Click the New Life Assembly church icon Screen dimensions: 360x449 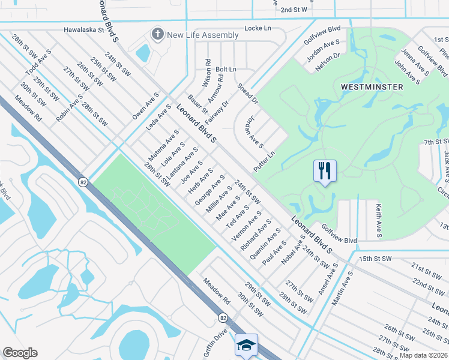(158, 35)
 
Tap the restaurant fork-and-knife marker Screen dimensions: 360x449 (325, 170)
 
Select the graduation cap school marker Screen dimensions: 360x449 (246, 344)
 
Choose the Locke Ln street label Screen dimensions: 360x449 (258, 28)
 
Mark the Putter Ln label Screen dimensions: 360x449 (264, 161)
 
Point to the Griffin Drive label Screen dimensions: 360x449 (215, 341)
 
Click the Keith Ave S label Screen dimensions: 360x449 (379, 220)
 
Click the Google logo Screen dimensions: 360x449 (20, 353)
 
